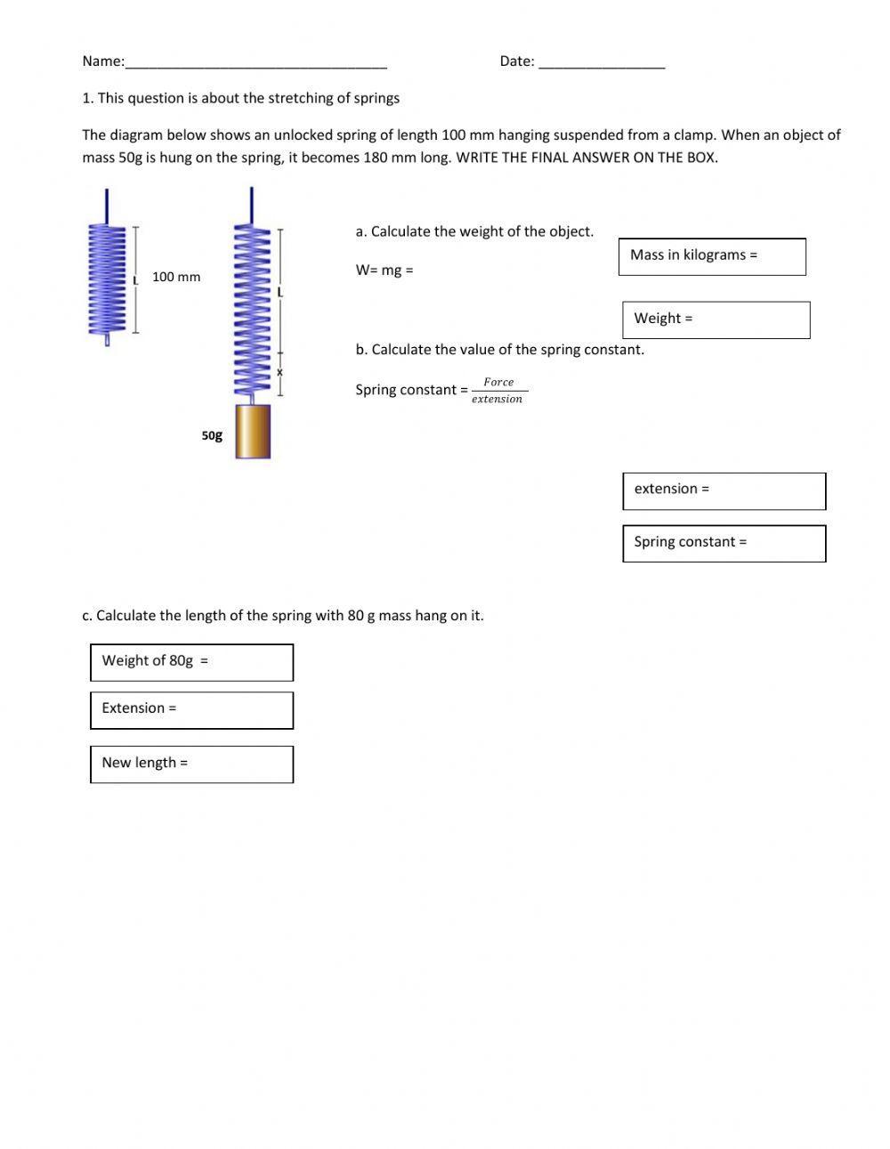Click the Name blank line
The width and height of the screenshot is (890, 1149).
tap(256, 62)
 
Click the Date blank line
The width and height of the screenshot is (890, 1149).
tap(602, 62)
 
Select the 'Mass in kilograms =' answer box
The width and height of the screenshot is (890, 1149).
tap(712, 256)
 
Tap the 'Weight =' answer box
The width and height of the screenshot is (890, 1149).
tap(716, 320)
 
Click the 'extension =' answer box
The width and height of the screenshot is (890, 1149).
tap(724, 490)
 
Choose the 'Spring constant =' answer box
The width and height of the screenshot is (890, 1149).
tap(724, 543)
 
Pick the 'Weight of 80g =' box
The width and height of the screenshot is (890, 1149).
tap(191, 662)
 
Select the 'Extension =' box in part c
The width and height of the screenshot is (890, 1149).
tap(191, 710)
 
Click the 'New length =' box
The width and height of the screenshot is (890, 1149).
tap(191, 764)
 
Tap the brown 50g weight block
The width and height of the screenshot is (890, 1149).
tap(253, 432)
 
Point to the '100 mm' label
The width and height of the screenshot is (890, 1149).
tap(176, 277)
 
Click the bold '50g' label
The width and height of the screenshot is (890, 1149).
tap(212, 435)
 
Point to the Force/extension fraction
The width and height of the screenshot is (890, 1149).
tap(498, 391)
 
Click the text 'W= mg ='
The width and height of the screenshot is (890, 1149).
tap(384, 271)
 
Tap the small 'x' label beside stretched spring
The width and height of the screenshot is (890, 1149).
tap(279, 372)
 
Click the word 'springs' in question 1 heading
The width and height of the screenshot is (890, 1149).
tap(376, 98)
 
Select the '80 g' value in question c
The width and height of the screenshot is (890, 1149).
tap(361, 616)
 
